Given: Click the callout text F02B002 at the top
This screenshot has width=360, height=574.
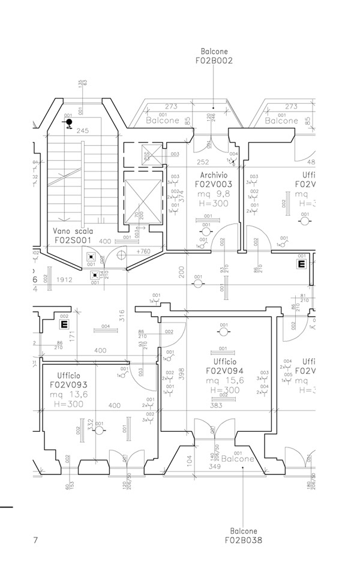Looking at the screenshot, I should [x=214, y=61].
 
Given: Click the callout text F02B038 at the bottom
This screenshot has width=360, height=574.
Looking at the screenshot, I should [x=243, y=539].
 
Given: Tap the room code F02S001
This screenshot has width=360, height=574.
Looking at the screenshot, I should [x=73, y=239].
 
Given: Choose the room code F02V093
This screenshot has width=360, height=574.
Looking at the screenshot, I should [x=69, y=384].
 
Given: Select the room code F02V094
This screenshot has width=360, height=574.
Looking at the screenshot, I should [x=224, y=371].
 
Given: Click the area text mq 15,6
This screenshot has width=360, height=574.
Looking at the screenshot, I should [x=224, y=381].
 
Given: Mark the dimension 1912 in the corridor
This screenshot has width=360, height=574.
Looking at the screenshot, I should [x=64, y=280].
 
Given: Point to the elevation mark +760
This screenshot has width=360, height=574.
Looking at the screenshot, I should [x=143, y=251].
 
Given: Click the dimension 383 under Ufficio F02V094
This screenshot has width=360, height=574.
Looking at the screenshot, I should [x=217, y=406].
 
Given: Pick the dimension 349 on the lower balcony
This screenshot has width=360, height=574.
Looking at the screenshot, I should [x=214, y=466].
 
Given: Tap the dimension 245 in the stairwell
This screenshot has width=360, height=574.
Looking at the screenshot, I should [x=82, y=130].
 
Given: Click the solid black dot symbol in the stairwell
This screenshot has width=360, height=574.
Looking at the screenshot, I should [x=69, y=122].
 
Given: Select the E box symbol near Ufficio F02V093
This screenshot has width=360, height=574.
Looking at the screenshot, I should [x=62, y=324].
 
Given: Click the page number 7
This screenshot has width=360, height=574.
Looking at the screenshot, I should [x=36, y=540].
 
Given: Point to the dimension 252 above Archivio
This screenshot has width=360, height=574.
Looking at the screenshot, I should [x=203, y=162].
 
